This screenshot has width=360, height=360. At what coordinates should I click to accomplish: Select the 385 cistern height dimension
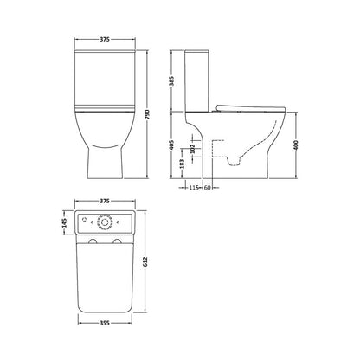pos(173,83)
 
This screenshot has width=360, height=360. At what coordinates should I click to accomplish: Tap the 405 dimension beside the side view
pos(173,148)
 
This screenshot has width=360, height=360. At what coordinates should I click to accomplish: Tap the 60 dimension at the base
pos(209,189)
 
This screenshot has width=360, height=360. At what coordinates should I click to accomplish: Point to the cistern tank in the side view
pos(197,82)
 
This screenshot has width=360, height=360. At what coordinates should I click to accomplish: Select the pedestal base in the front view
pos(105,156)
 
